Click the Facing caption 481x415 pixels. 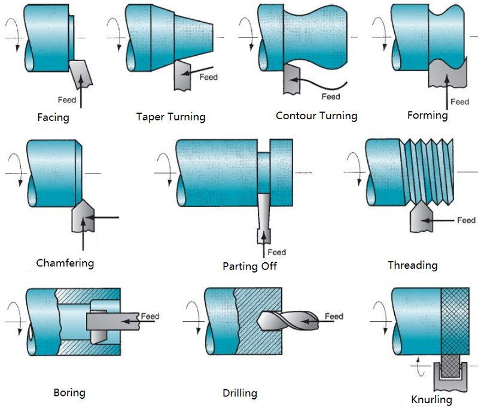(x=53, y=117)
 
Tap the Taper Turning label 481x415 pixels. (x=171, y=117)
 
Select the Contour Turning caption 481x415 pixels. (x=316, y=116)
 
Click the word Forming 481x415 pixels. (x=427, y=115)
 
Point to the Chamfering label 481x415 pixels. (x=65, y=263)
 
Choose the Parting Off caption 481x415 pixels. (x=249, y=266)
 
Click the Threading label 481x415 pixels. (x=412, y=265)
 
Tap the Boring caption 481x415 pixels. (x=69, y=393)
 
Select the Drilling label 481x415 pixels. (x=240, y=393)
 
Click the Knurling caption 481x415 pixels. (x=431, y=399)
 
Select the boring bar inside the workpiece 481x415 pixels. (x=111, y=322)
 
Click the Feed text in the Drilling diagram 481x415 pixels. (x=334, y=316)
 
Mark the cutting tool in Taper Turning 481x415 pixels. (x=181, y=75)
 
